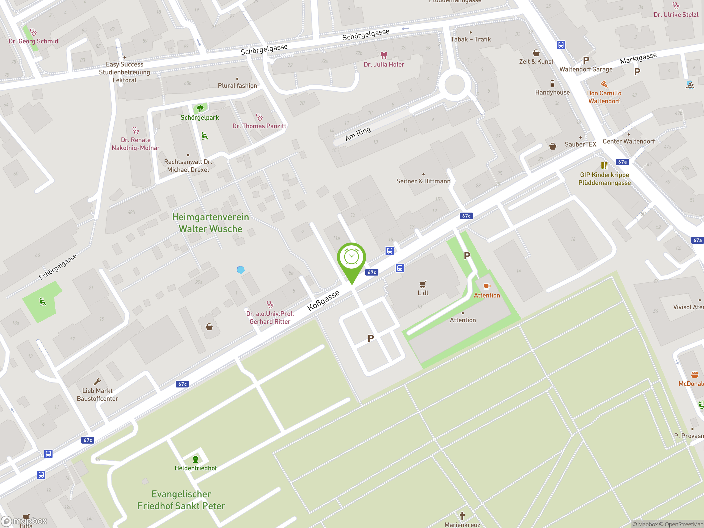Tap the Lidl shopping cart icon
point(423,284)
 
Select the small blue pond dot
point(241,270)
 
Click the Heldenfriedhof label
point(196,468)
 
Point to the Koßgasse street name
point(323,301)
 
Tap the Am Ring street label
point(358,134)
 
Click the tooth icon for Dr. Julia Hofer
point(384,55)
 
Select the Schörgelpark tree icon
point(200,109)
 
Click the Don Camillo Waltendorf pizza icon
point(604,84)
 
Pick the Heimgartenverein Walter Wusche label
point(210,223)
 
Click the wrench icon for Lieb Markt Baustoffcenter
point(97,381)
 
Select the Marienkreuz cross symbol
point(462,515)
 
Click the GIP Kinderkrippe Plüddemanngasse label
point(604,179)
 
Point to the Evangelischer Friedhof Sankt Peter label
point(181,500)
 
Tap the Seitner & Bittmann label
point(423,182)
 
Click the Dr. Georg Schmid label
point(34,41)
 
